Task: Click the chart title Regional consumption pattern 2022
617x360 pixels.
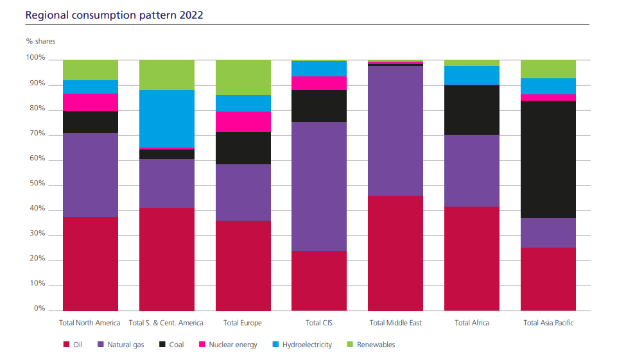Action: click(x=114, y=14)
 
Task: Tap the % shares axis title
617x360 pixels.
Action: click(x=40, y=41)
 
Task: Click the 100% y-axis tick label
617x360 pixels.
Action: click(x=35, y=58)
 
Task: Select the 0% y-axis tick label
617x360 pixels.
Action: click(x=39, y=309)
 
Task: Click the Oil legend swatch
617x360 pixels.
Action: click(x=66, y=345)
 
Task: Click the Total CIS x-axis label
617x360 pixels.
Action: click(x=319, y=323)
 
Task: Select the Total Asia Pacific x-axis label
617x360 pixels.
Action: click(x=548, y=323)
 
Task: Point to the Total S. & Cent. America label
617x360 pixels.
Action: click(x=166, y=323)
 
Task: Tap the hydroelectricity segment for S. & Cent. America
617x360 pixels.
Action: click(x=167, y=118)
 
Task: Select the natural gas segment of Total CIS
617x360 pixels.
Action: click(x=319, y=186)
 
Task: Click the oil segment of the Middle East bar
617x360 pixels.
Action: click(x=395, y=253)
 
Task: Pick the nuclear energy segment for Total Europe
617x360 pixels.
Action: click(x=243, y=121)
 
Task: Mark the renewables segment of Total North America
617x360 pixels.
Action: click(x=91, y=69)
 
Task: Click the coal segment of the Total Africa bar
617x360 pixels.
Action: click(x=472, y=110)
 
